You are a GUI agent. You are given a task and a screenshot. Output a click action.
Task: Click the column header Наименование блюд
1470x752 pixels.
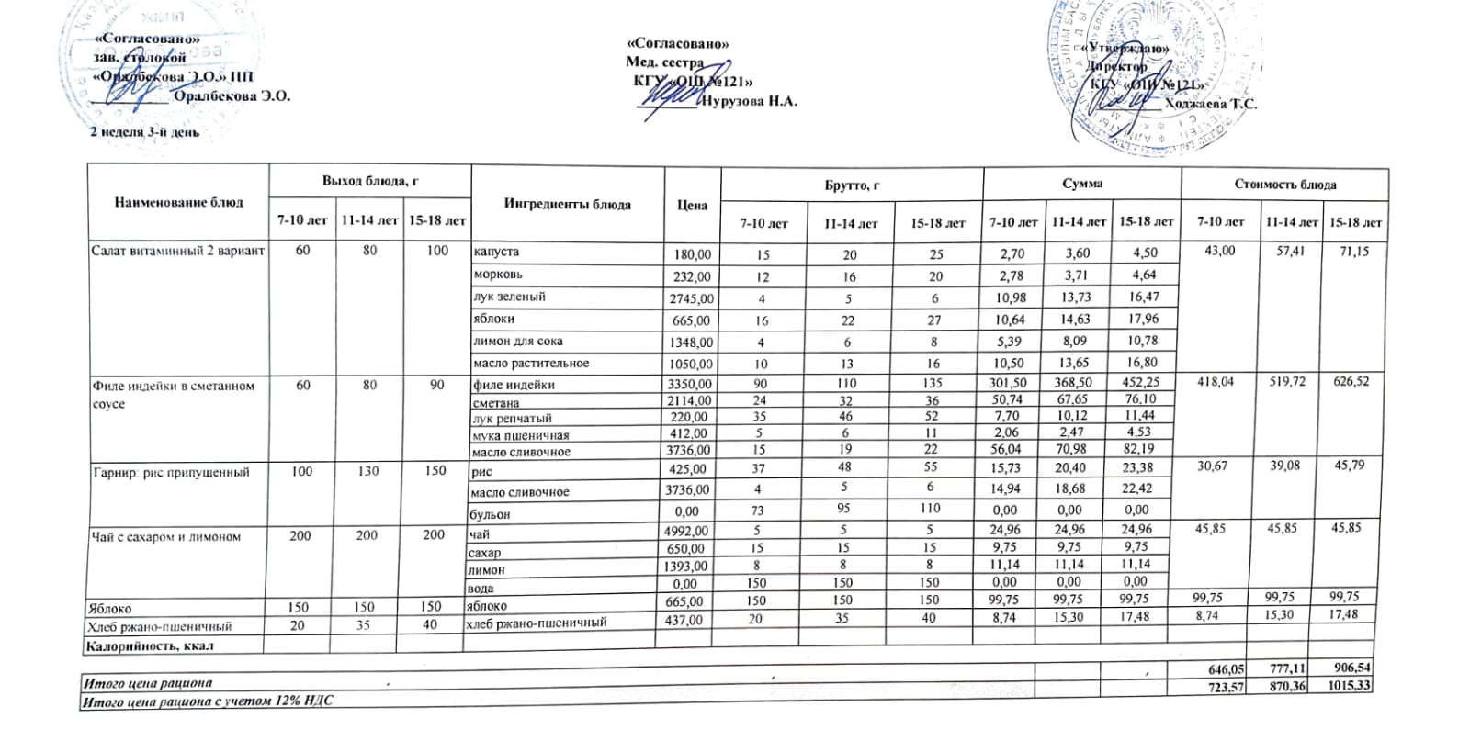(x=178, y=202)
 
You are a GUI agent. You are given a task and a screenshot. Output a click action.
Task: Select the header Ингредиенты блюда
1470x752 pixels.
(x=567, y=204)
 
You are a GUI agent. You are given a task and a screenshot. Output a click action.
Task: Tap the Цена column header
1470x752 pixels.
(x=692, y=205)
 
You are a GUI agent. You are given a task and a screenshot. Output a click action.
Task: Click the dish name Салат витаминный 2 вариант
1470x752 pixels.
(x=177, y=251)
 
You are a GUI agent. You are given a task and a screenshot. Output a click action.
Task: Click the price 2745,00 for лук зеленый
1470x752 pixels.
(x=691, y=298)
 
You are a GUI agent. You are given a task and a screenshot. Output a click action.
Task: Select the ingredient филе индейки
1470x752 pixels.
(x=514, y=385)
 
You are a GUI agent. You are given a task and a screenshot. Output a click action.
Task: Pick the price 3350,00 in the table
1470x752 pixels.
(x=689, y=384)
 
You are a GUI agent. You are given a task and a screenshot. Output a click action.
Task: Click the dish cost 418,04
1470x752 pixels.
(x=1216, y=381)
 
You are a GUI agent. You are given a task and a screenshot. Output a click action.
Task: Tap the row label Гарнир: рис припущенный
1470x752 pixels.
(x=171, y=472)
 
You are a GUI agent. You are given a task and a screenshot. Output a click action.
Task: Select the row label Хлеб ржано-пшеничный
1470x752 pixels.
(x=158, y=626)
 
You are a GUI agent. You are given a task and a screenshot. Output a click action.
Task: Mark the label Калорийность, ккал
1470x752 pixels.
(x=149, y=645)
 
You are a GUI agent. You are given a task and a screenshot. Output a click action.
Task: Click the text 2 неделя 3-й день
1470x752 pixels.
(x=144, y=132)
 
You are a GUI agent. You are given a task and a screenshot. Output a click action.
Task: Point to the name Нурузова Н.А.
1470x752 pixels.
(x=749, y=101)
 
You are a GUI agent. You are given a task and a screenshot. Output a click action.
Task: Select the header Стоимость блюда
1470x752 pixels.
(x=1284, y=185)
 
